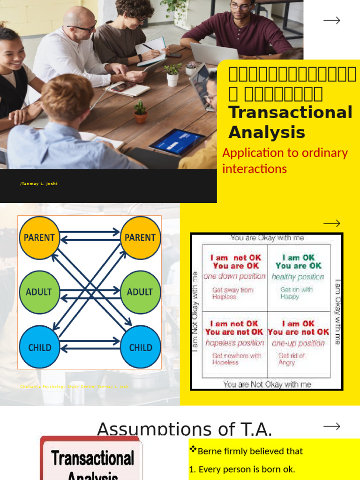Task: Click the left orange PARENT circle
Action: click(x=39, y=238)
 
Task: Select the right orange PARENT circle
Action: click(x=140, y=238)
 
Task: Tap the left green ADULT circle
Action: click(x=39, y=292)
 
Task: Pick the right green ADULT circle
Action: click(x=140, y=292)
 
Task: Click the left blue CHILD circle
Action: click(x=39, y=347)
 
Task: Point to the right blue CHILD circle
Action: click(x=141, y=347)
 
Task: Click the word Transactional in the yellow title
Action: click(x=290, y=113)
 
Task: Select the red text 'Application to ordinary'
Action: click(x=285, y=153)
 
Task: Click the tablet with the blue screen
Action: click(x=177, y=141)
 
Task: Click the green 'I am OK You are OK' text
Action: click(x=299, y=262)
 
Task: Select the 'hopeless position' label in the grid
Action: click(x=235, y=343)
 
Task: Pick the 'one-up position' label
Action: click(x=298, y=343)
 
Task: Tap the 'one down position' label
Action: click(x=235, y=277)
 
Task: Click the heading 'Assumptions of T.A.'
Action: click(x=184, y=428)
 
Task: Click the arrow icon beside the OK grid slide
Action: click(x=332, y=223)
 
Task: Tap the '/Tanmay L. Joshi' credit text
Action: click(x=39, y=184)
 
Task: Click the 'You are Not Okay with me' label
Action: click(x=267, y=384)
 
